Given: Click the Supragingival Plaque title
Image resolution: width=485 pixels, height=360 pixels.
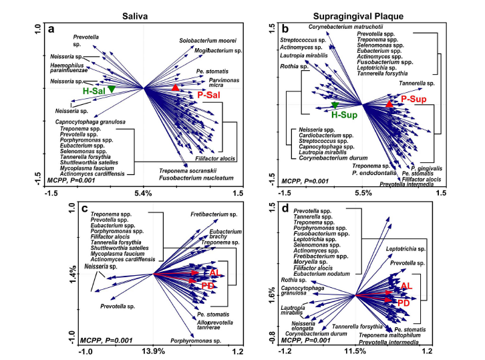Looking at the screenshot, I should [x=365, y=13].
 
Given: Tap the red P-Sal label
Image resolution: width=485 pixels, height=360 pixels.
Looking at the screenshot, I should [x=209, y=96].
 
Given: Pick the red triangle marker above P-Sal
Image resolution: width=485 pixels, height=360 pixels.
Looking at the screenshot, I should [x=175, y=87].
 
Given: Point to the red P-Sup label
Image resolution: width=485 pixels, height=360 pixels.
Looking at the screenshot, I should [x=414, y=99].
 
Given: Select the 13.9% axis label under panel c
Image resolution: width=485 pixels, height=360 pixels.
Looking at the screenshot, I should [x=154, y=351].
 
